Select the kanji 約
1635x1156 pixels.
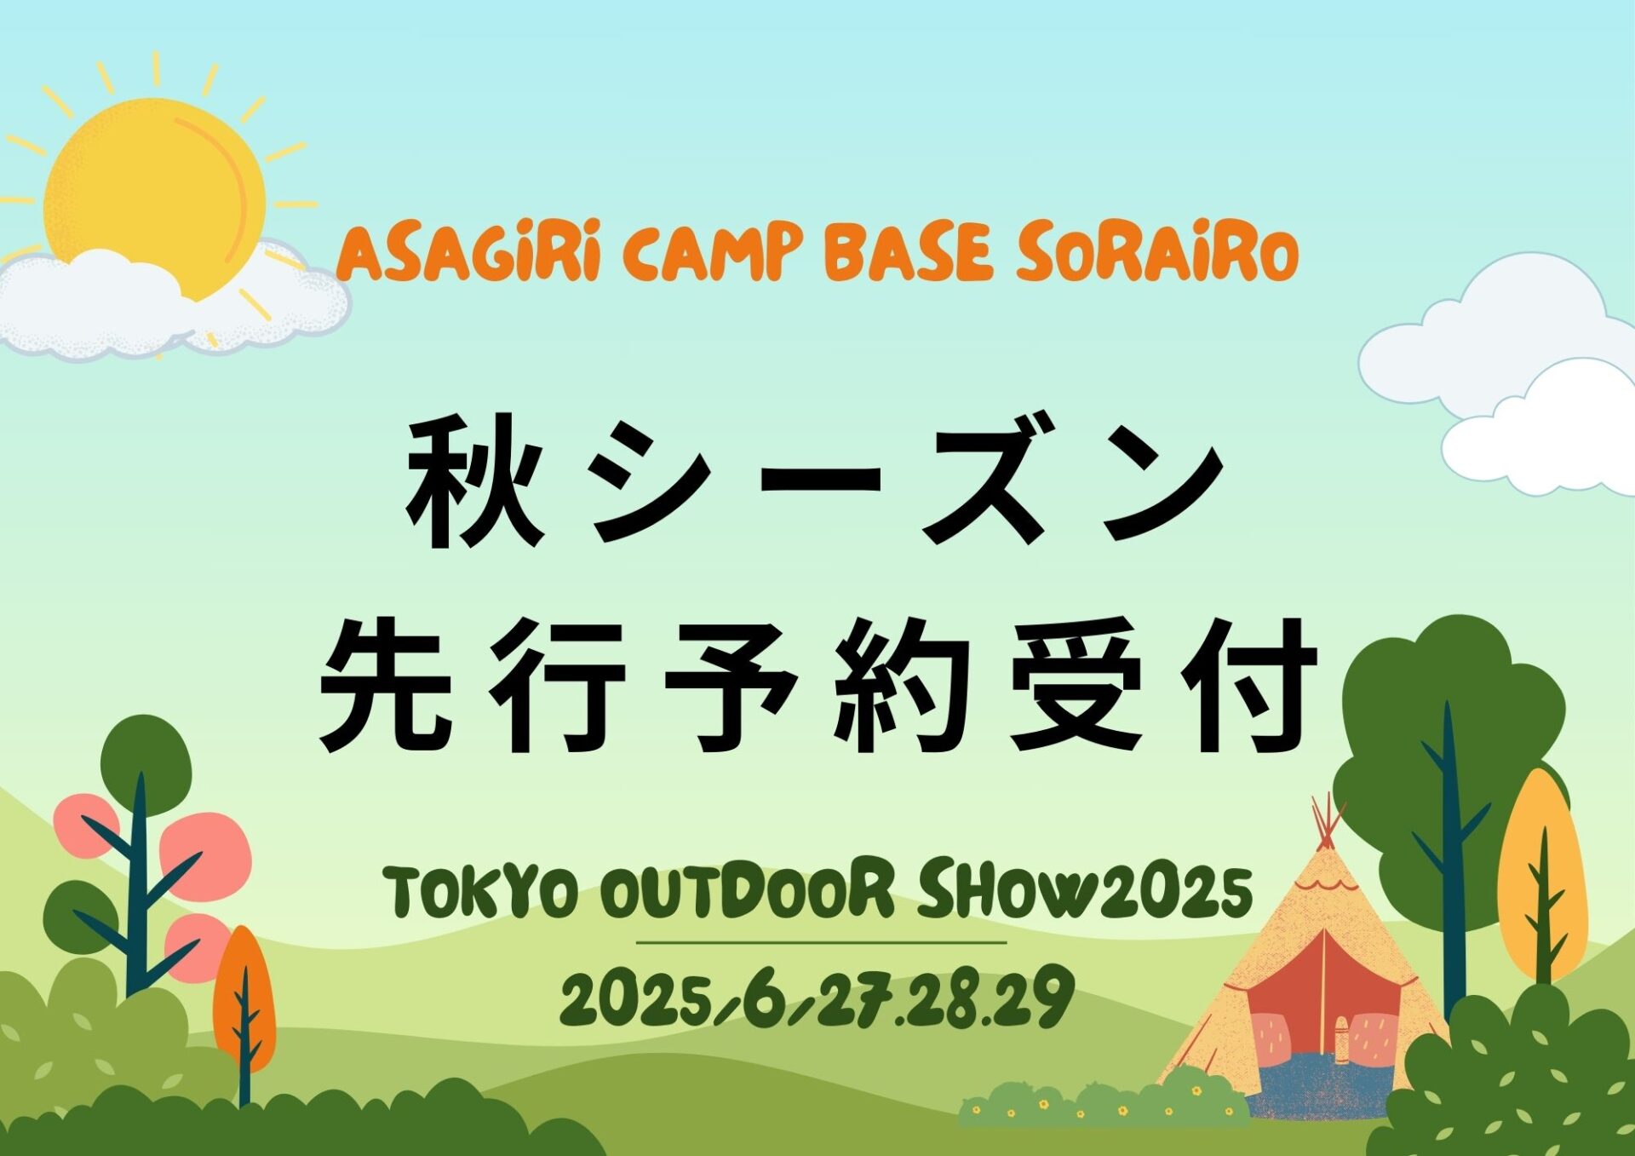(x=904, y=686)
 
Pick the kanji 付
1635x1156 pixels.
(x=1248, y=686)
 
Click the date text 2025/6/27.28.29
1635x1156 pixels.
(x=817, y=998)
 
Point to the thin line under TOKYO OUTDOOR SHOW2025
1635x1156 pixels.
(x=822, y=943)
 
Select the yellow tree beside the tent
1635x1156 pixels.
(x=1542, y=877)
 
